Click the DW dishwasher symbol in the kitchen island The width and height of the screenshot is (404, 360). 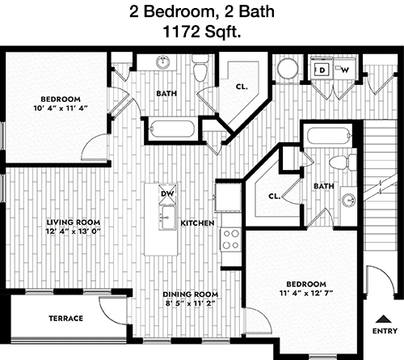click(167, 193)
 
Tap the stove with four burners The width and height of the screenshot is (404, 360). click(231, 239)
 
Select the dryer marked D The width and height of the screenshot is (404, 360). click(322, 70)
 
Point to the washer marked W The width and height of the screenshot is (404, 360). click(344, 70)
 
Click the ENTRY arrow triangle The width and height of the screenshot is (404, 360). click(384, 319)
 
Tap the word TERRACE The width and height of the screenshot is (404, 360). click(65, 319)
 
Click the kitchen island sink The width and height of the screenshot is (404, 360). click(167, 218)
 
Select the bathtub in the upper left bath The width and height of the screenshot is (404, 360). click(172, 129)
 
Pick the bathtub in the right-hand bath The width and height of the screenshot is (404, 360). click(330, 137)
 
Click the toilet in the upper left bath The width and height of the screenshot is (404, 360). click(200, 68)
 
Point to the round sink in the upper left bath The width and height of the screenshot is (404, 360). click(163, 62)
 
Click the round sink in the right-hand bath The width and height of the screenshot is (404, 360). click(348, 201)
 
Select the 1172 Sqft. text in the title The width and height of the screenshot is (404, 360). click(201, 32)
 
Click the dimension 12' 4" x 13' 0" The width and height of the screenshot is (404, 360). click(73, 231)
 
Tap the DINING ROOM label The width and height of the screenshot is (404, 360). click(191, 294)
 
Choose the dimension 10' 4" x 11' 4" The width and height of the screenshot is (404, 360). click(61, 108)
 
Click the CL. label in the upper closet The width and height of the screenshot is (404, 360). click(242, 87)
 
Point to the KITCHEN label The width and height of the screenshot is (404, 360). click(197, 223)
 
